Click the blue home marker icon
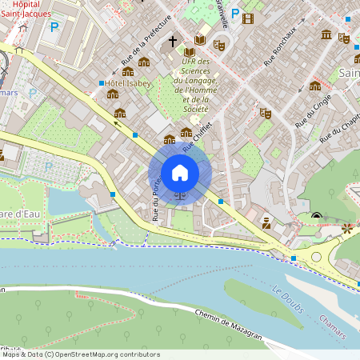[x=180, y=173]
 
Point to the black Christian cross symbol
[x=172, y=41]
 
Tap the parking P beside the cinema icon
[x=234, y=14]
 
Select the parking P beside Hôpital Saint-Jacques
[x=54, y=26]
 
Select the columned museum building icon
[x=327, y=34]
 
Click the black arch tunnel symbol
[x=317, y=215]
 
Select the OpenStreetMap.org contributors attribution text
[x=96, y=354]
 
